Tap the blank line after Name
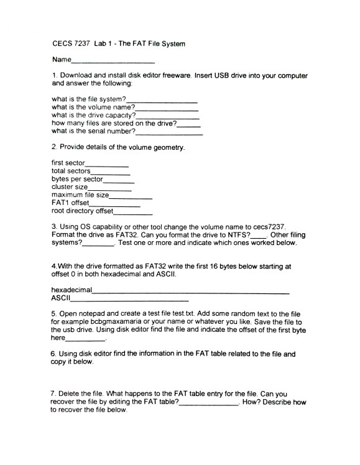tap(113, 62)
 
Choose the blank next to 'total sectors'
tap(111, 172)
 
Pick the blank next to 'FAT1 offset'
tap(115, 205)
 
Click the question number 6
tap(53, 354)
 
